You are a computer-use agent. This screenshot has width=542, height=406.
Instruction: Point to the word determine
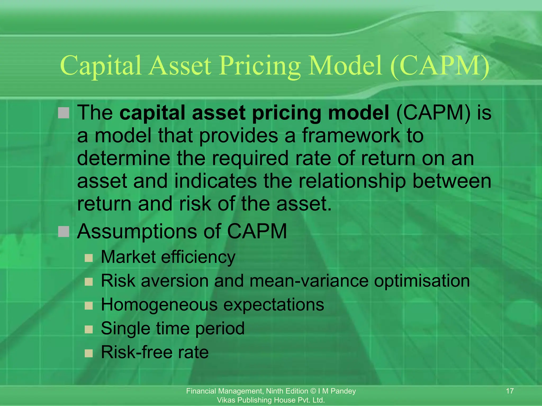pos(123,158)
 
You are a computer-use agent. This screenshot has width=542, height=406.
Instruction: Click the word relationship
pos(352,181)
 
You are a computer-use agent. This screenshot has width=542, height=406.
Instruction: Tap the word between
pos(451,181)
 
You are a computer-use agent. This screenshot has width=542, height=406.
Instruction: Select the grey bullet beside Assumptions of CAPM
pos(64,232)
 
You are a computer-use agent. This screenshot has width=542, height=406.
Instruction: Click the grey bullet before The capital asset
pos(64,113)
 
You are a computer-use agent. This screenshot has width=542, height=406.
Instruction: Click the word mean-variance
pos(309,281)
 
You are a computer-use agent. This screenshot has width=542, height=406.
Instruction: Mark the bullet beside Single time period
pos(89,329)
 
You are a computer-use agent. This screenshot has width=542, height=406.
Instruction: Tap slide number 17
pos(509,391)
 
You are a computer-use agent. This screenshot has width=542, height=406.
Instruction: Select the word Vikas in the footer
pos(226,400)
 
